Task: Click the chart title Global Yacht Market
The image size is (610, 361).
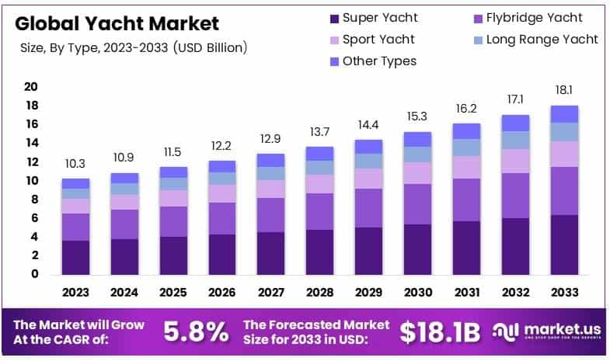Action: tap(117, 23)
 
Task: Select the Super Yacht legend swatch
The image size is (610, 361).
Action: tap(335, 18)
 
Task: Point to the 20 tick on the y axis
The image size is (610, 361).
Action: tap(32, 86)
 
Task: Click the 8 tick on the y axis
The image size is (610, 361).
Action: tap(34, 200)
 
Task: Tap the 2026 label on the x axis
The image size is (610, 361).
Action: tap(222, 293)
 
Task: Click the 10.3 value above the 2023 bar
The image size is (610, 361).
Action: tap(75, 165)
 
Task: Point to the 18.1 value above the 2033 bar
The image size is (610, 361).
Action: tap(563, 91)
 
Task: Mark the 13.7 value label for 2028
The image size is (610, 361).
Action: tap(319, 132)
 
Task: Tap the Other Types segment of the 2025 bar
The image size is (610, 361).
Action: tap(173, 172)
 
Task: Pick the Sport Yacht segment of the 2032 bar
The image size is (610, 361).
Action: tap(514, 161)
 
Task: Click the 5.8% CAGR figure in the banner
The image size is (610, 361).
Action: tap(196, 332)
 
